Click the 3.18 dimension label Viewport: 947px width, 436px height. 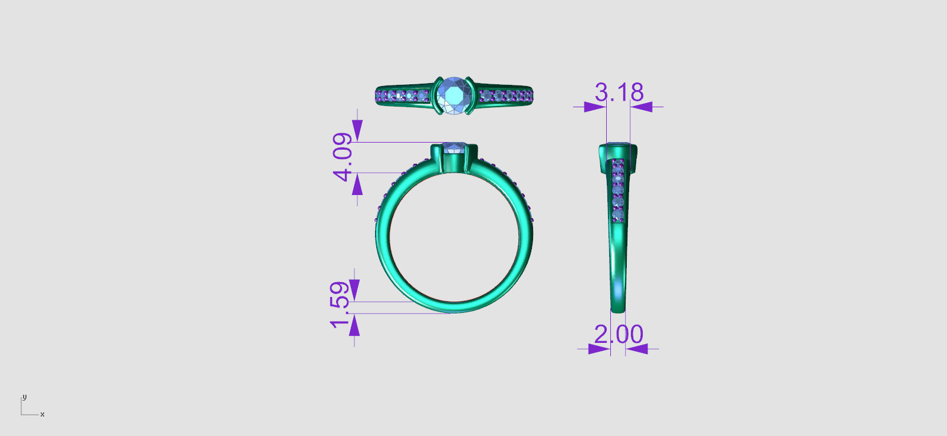click(x=619, y=92)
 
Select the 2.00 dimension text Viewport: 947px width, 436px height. click(x=618, y=335)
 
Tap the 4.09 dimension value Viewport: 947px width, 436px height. click(x=343, y=157)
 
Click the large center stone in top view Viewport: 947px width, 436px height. click(x=454, y=95)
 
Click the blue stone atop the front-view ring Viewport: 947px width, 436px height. click(x=454, y=147)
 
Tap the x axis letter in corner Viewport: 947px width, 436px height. click(x=42, y=415)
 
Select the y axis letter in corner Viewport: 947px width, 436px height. click(x=24, y=397)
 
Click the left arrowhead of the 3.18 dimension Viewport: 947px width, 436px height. click(x=594, y=107)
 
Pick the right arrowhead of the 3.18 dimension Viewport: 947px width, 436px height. click(x=642, y=107)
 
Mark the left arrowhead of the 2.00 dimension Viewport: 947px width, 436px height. click(x=599, y=349)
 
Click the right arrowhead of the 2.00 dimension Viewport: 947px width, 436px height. click(x=637, y=349)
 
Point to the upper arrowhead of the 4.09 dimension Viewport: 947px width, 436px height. click(x=357, y=130)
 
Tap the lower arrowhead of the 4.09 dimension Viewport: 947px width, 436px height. click(x=357, y=185)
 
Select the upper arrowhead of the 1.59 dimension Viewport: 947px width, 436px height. click(x=354, y=290)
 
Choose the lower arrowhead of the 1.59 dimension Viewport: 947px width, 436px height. click(x=354, y=325)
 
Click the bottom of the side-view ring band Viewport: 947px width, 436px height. click(x=618, y=309)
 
